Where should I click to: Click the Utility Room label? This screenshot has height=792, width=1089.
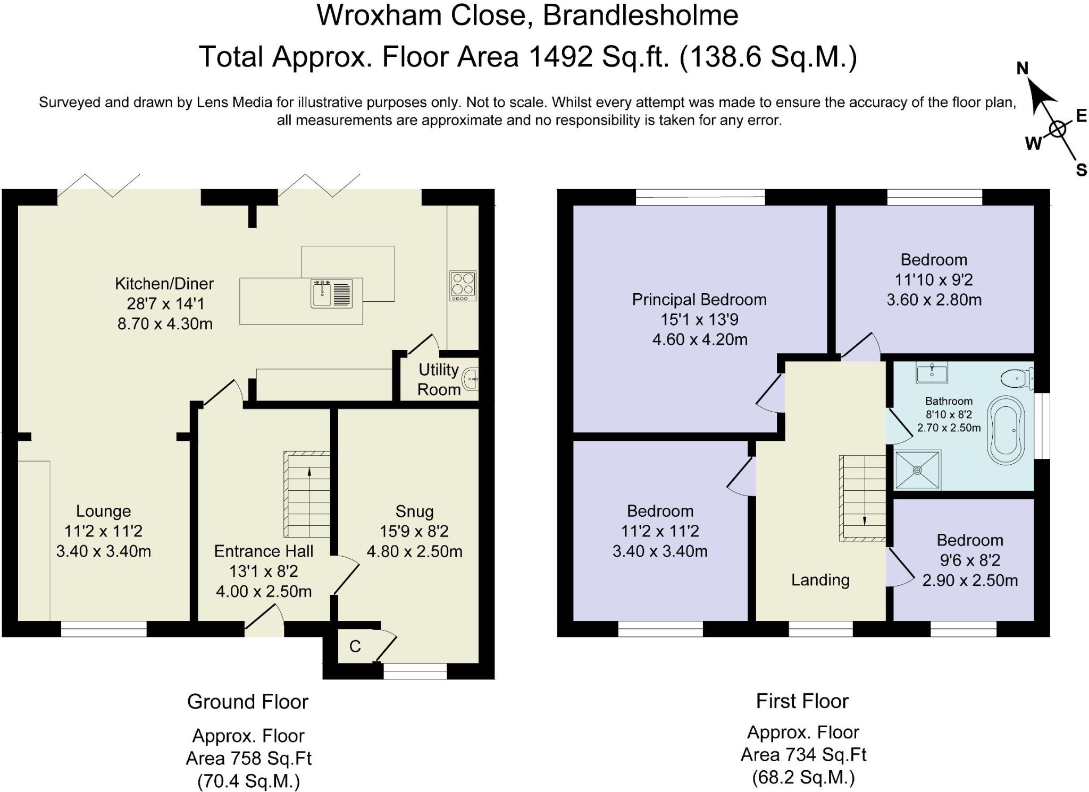coord(439,379)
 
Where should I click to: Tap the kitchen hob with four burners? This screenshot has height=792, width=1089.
coord(463,286)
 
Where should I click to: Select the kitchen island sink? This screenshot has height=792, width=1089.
coord(331,294)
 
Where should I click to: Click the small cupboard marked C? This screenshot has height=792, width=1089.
coord(355,646)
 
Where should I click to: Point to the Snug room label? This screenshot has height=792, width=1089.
coord(414,511)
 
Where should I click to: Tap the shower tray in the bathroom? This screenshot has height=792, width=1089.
coord(917,470)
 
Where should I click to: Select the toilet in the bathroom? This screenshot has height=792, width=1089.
coord(1017,379)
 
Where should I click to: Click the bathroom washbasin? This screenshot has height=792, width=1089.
coord(932,372)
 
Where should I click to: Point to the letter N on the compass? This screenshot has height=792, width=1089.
coord(1022,69)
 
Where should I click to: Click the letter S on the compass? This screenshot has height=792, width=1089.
coord(1081,170)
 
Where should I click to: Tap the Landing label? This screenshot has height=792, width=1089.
coord(820,580)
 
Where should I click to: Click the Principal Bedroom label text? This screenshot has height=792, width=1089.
coord(699,300)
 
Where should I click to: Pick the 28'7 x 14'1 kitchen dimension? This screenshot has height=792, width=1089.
coord(165,304)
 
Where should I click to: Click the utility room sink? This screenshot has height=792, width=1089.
coord(471,379)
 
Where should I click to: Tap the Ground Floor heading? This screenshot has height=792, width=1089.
coord(248,702)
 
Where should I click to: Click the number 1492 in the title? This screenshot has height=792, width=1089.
coord(560,56)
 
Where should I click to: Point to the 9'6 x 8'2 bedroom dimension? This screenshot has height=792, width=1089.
coord(970,560)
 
